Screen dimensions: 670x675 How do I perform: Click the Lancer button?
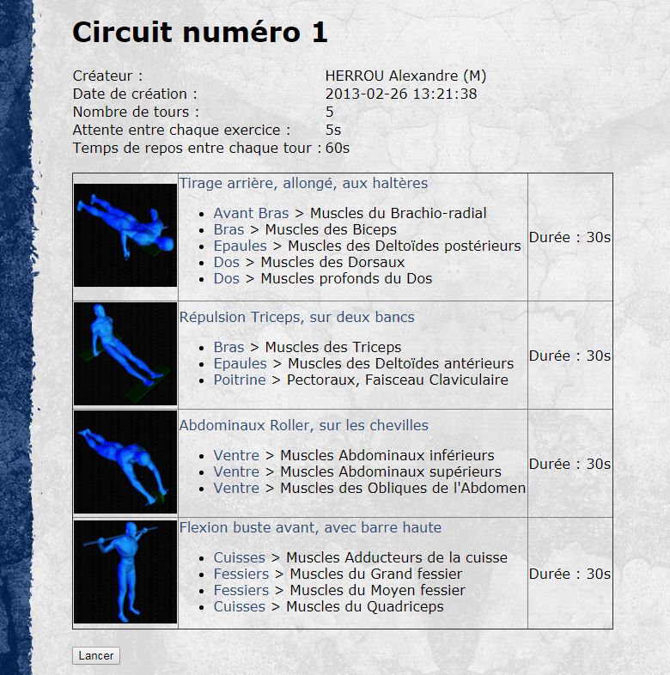(x=96, y=655)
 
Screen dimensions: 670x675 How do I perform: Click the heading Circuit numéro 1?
(x=200, y=33)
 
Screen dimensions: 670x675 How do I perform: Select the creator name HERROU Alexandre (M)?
(x=405, y=76)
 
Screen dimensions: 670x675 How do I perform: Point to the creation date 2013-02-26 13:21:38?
(x=401, y=94)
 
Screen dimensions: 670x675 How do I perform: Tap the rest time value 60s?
(x=338, y=148)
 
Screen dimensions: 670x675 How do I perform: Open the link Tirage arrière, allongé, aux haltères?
(x=303, y=184)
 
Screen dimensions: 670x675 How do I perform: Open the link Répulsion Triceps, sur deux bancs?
(x=296, y=317)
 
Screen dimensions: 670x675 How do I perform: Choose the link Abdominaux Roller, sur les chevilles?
(x=303, y=425)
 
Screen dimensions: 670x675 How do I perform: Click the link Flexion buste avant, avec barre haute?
(x=310, y=527)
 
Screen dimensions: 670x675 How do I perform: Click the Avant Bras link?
(x=251, y=213)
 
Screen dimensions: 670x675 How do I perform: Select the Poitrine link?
(x=240, y=380)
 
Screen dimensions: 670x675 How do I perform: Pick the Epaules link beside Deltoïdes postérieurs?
(x=241, y=246)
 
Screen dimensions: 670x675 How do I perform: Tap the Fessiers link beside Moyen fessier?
(x=241, y=590)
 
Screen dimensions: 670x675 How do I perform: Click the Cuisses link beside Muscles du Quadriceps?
(x=240, y=606)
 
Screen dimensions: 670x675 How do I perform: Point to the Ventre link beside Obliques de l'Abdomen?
(x=236, y=488)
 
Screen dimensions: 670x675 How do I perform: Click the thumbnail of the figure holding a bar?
(x=125, y=572)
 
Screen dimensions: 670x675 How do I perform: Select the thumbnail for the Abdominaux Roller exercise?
(x=125, y=462)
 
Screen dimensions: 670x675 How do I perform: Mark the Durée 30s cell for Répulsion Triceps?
(x=569, y=356)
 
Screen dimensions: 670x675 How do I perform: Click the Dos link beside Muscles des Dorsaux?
(x=227, y=262)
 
